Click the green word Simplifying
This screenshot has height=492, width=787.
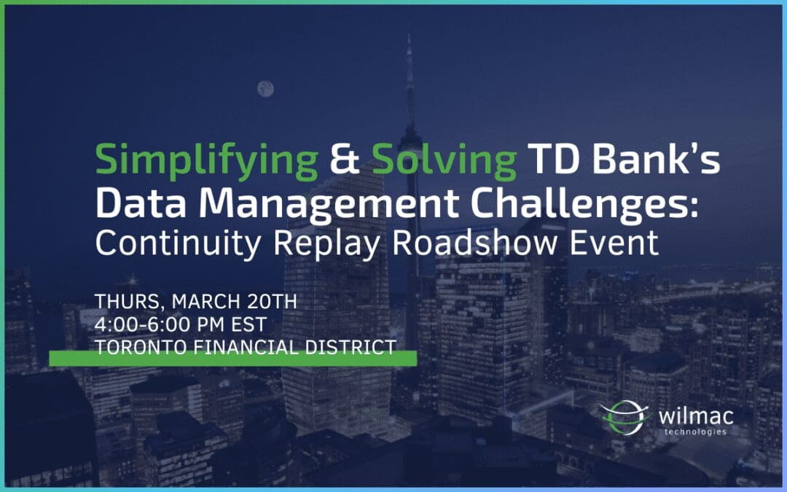[206, 160]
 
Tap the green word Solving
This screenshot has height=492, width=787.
[444, 160]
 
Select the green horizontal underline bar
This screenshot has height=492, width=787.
[232, 359]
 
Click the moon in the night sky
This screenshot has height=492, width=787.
[265, 89]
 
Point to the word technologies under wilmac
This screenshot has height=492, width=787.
[695, 432]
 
